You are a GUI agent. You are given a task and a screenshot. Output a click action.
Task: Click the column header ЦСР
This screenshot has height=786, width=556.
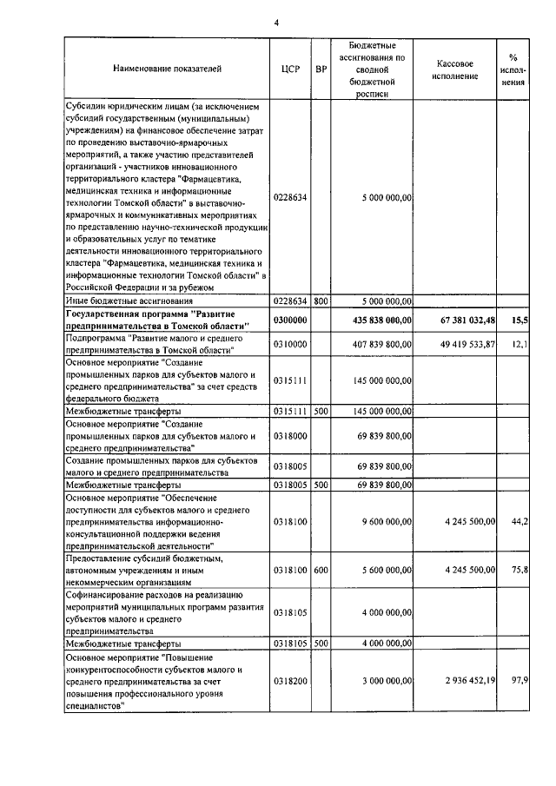coord(291,67)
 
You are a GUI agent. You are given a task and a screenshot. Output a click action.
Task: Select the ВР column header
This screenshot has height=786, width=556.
coord(321,67)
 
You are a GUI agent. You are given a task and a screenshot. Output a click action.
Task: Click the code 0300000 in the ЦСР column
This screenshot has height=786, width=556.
coord(290,320)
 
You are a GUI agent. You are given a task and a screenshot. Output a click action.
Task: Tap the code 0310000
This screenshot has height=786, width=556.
coord(290,344)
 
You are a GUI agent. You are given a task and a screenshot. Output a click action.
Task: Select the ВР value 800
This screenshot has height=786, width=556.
coord(321,301)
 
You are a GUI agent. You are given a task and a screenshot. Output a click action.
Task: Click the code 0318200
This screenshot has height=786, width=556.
coord(290,684)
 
